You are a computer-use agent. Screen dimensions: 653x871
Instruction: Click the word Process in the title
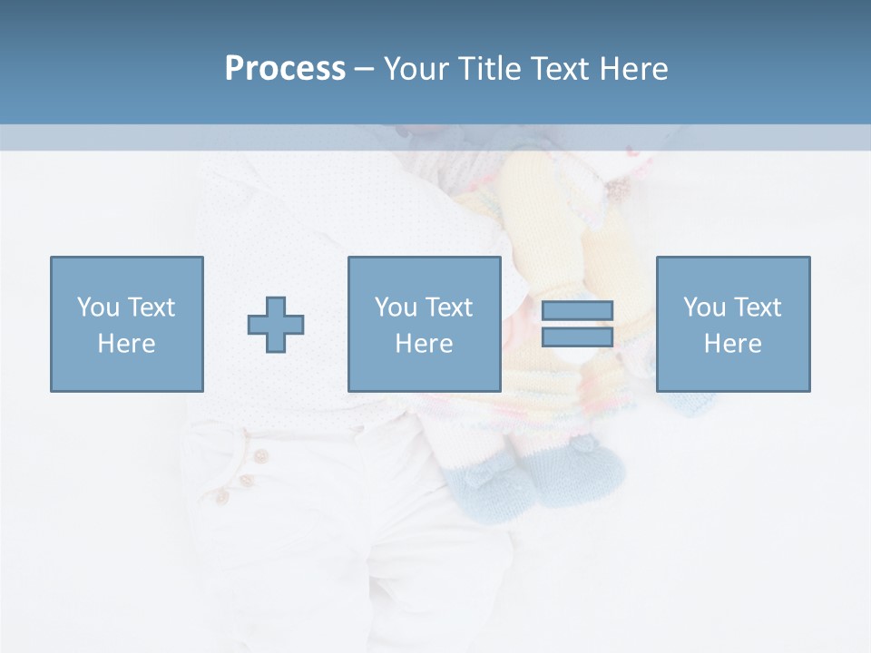[285, 69]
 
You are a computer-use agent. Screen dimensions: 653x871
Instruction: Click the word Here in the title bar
[634, 69]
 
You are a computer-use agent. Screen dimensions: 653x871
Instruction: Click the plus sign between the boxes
[276, 325]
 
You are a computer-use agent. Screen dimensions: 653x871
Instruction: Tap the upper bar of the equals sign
[577, 310]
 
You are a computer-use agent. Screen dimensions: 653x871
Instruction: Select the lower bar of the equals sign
[577, 336]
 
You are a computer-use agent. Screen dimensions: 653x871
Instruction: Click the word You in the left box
[98, 307]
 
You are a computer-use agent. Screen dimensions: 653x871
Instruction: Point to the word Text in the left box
[150, 307]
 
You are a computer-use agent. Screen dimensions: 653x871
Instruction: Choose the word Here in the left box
[126, 344]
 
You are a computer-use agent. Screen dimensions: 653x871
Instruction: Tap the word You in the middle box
[396, 307]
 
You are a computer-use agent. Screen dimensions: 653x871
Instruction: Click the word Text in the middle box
[447, 307]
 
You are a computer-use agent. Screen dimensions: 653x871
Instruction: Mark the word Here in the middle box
[424, 344]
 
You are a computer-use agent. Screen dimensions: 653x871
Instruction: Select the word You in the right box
[704, 307]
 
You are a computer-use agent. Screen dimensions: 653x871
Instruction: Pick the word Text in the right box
[756, 307]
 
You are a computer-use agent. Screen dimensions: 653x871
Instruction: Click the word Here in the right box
[732, 344]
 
